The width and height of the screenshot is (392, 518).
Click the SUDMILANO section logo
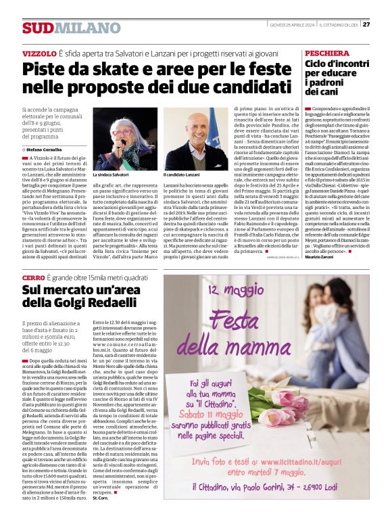point(62,28)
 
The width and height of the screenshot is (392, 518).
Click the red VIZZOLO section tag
point(39,53)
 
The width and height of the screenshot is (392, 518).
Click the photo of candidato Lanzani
point(196,139)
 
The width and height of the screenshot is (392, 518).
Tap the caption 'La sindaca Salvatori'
point(110,175)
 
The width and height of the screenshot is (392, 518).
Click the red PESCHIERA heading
point(328,53)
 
